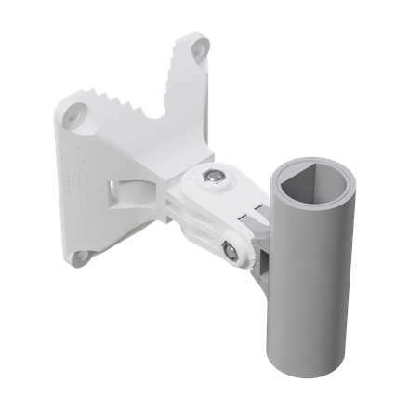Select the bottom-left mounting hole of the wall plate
tap(81, 256)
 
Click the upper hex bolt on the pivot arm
tap(216, 177)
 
